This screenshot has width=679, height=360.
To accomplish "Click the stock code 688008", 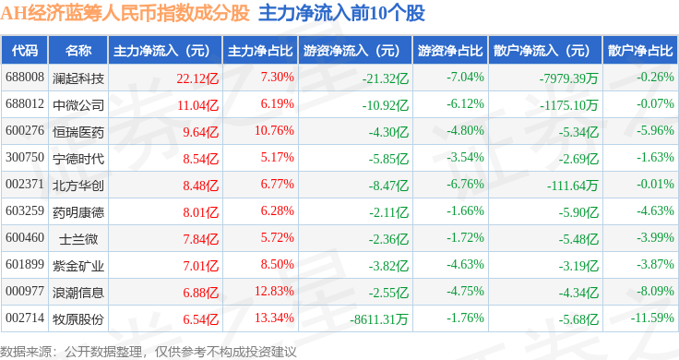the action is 25,78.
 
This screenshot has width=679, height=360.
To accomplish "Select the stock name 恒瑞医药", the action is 78,132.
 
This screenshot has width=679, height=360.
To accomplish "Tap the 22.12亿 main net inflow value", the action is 197,78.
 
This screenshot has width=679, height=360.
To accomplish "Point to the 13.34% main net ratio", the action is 274,318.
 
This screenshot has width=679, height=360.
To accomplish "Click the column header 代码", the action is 25,51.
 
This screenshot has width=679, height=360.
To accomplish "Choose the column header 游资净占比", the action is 450,51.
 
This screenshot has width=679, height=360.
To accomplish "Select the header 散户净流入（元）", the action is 545,51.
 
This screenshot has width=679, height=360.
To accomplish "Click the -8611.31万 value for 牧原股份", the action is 379,319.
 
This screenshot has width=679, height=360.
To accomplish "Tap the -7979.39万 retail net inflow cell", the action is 568,78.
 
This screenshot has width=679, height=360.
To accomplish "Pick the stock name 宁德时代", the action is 78,159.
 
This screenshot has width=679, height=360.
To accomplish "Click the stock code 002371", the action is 25,184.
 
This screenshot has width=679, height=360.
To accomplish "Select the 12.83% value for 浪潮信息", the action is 274,291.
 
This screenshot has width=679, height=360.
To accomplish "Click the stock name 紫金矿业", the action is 78,266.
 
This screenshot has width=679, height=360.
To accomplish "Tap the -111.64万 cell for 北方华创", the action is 573,186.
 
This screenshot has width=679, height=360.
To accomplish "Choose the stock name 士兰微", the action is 78,239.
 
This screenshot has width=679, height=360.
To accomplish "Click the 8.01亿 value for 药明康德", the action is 200,212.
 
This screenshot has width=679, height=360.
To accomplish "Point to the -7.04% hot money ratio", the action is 465,78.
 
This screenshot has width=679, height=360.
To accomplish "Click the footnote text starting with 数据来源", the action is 149,352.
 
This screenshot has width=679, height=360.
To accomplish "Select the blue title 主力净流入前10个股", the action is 341,13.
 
